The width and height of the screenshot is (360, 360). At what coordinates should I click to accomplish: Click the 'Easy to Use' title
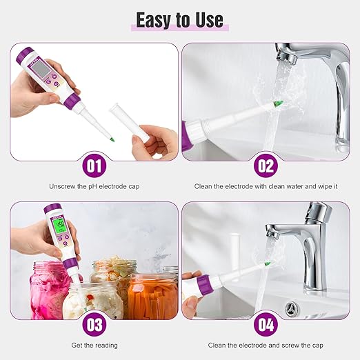179,19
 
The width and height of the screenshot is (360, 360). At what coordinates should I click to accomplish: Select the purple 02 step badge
266,166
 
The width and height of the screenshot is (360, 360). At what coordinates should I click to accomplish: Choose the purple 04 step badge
266,324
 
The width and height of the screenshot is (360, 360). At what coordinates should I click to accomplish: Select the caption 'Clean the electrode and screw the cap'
266,345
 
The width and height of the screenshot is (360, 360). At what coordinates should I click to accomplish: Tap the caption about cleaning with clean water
266,187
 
